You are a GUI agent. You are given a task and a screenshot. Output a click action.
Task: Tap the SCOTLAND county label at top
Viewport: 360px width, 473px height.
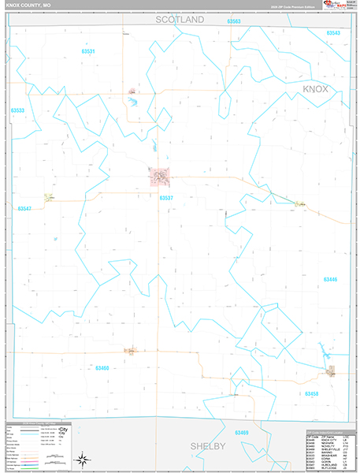pyautogui.click(x=180, y=19)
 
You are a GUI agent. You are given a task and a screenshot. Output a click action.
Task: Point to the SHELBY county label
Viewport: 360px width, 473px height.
pyautogui.click(x=207, y=446)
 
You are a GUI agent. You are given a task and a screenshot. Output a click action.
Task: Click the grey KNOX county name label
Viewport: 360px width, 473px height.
pyautogui.click(x=321, y=90)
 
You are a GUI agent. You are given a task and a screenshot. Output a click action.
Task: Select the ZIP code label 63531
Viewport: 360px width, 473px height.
pyautogui.click(x=88, y=51)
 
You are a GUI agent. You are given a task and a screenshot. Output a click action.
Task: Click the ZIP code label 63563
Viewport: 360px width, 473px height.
pyautogui.click(x=233, y=21)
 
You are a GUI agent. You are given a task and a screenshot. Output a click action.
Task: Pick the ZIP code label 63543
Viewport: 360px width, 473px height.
pyautogui.click(x=333, y=33)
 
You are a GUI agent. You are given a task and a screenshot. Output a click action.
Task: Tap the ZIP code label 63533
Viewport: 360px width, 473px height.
pyautogui.click(x=18, y=110)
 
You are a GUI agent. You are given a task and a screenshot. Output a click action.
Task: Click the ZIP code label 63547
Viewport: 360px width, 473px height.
pyautogui.click(x=24, y=208)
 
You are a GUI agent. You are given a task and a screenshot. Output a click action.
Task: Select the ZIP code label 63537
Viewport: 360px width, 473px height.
pyautogui.click(x=166, y=198)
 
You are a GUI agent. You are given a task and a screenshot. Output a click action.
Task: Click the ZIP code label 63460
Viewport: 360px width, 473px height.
pyautogui.click(x=102, y=367)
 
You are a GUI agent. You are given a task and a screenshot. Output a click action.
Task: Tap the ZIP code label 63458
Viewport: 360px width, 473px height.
pyautogui.click(x=312, y=393)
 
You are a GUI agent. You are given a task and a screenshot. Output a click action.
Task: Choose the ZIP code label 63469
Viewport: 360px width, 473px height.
pyautogui.click(x=241, y=433)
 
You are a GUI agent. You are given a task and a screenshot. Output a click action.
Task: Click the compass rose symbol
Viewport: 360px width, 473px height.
pyautogui.click(x=81, y=459)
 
